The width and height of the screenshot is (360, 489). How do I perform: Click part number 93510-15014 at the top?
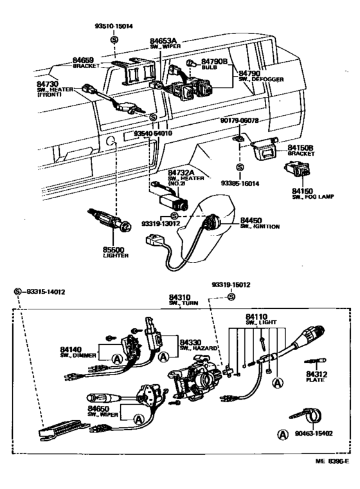[x=114, y=28]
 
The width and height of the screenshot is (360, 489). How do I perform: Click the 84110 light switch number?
[x=258, y=317]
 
